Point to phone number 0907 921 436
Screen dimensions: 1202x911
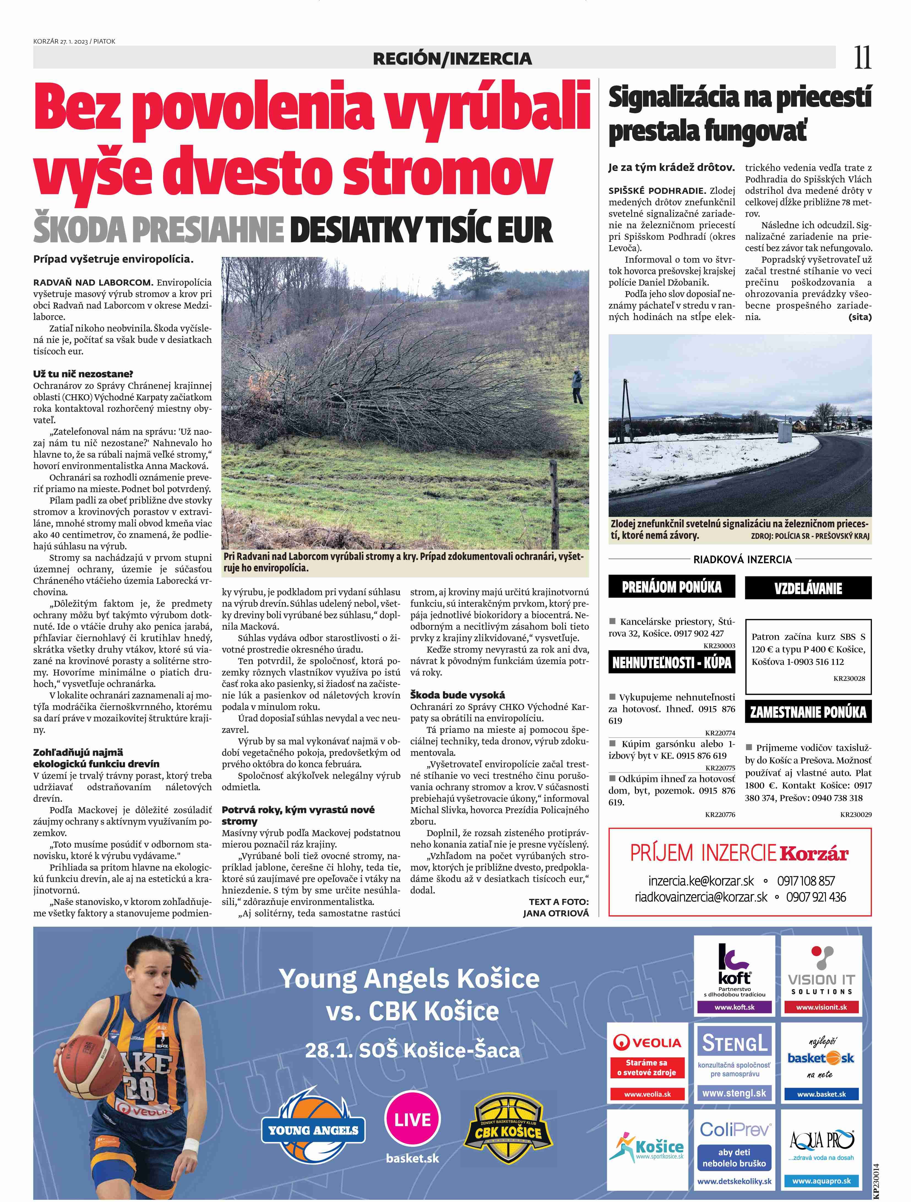click(x=816, y=897)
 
